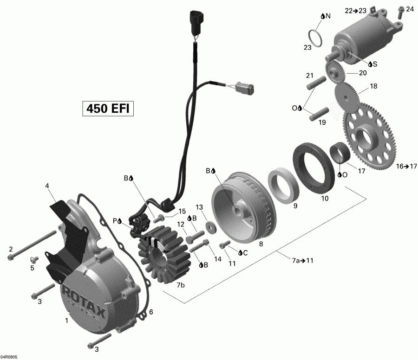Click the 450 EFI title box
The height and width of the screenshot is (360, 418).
[108, 108]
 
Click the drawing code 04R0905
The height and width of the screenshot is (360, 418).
[10, 356]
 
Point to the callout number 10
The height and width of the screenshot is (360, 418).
[325, 198]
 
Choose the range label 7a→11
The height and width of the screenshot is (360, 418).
[303, 260]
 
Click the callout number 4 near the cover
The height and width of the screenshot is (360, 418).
[47, 186]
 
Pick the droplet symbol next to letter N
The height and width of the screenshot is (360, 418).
[322, 16]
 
